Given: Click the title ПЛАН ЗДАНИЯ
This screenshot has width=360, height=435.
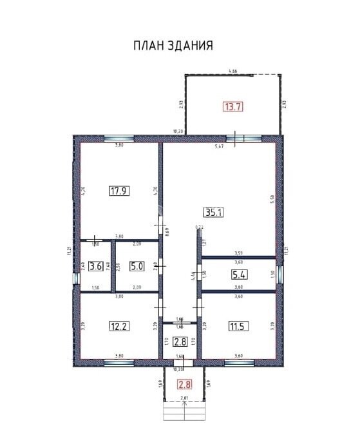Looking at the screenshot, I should pyautogui.click(x=173, y=46).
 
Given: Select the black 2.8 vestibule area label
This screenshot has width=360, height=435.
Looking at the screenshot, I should pyautogui.click(x=180, y=341).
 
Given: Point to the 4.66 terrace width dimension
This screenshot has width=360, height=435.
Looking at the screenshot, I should pyautogui.click(x=234, y=71).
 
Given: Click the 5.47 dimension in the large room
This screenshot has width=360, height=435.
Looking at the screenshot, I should pyautogui.click(x=220, y=147).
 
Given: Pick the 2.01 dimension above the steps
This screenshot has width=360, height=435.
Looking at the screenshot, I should pyautogui.click(x=184, y=400).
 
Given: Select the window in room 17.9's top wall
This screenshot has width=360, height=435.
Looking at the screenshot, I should pyautogui.click(x=119, y=139).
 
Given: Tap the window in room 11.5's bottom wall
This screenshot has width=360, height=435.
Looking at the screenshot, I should pyautogui.click(x=238, y=363).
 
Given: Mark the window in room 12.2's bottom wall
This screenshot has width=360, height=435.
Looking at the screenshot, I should pyautogui.click(x=119, y=363).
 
